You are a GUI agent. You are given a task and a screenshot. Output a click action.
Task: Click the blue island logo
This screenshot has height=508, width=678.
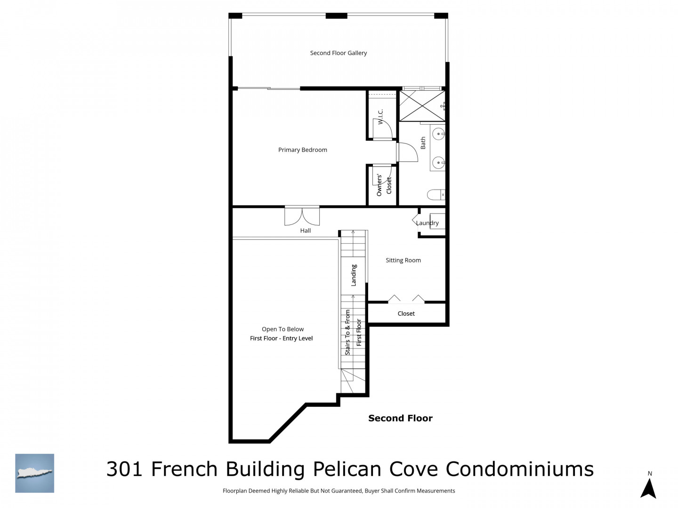coord(34,473)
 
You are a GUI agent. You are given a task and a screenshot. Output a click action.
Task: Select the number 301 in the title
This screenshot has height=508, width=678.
coord(124,469)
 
